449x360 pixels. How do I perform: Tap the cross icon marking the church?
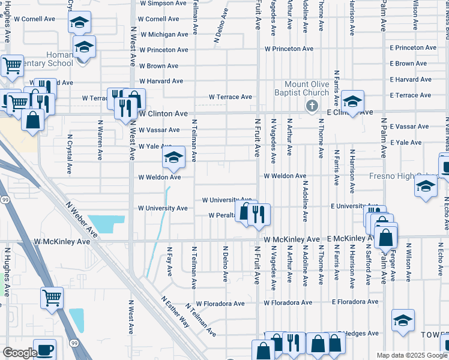point(311,106)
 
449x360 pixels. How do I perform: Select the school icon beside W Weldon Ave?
point(173,158)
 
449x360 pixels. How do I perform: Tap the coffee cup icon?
point(44,350)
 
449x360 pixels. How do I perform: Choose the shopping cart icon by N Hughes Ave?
point(52,297)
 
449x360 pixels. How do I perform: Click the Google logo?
point(20,353)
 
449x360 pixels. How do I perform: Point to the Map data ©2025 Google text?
point(412,355)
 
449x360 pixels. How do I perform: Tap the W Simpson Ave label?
point(163,3)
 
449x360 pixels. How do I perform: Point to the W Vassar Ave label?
point(159,130)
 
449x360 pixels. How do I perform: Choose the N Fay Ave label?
point(169,261)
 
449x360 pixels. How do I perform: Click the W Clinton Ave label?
point(163,113)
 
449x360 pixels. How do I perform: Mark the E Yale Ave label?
point(406,142)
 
